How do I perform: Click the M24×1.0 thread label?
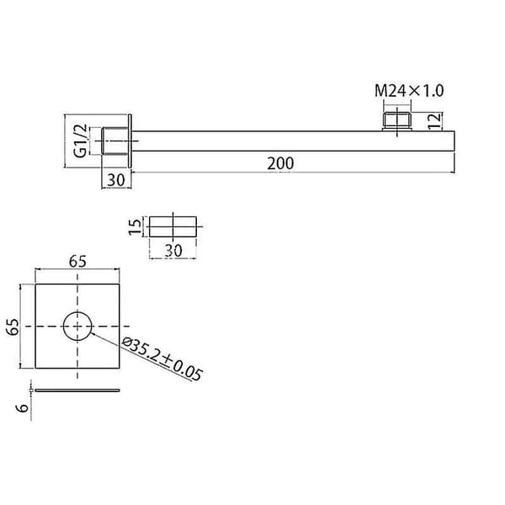(x=409, y=91)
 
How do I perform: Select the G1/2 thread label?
(x=80, y=141)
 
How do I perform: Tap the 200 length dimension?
(x=280, y=163)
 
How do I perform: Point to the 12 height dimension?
(x=434, y=120)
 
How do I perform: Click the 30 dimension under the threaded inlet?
(x=116, y=180)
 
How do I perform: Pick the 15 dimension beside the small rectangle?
(x=135, y=226)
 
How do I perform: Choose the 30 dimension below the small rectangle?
(x=173, y=251)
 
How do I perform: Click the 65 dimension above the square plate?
(x=77, y=261)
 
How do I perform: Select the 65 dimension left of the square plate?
(x=13, y=327)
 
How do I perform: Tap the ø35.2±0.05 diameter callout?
(x=162, y=359)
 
